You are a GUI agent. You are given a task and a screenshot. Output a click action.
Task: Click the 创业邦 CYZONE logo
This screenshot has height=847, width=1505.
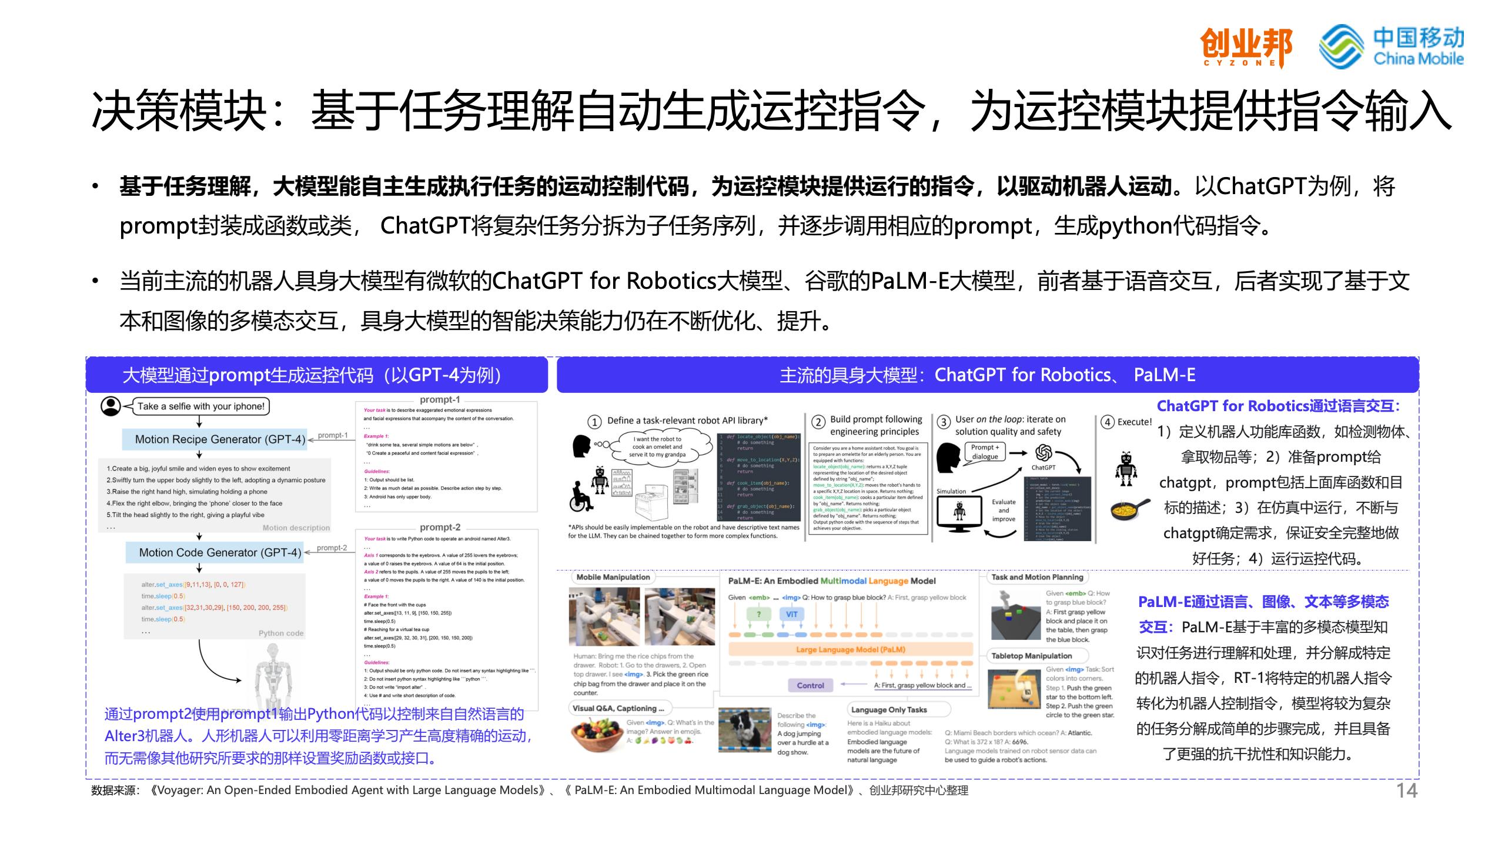tap(1246, 46)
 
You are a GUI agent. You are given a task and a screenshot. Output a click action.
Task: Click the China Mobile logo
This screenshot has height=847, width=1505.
tap(1391, 46)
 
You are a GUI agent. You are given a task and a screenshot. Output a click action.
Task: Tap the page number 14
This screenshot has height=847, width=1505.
tap(1407, 791)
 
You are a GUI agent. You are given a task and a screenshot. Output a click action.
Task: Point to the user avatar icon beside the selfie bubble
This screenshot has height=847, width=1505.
tap(110, 406)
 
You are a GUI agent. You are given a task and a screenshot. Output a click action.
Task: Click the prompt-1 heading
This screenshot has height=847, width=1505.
tap(440, 399)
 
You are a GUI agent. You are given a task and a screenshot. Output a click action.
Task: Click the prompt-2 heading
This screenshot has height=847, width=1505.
tap(440, 527)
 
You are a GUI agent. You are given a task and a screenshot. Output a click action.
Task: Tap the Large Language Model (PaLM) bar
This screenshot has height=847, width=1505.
tap(850, 649)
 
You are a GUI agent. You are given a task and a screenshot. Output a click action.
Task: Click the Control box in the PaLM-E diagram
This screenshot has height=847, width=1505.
tap(810, 685)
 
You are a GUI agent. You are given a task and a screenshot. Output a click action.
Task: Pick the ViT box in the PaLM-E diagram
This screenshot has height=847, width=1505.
tap(791, 614)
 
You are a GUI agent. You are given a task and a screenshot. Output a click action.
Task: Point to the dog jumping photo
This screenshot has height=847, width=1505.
tap(744, 729)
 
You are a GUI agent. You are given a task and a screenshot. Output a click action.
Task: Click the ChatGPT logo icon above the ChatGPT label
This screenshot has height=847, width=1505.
tap(1044, 452)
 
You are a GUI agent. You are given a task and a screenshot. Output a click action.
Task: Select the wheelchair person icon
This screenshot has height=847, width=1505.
tap(580, 498)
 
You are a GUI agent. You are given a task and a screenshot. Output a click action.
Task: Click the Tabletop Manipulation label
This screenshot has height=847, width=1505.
tap(1031, 656)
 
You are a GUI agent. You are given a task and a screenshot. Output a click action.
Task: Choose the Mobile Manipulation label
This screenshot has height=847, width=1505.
tap(613, 577)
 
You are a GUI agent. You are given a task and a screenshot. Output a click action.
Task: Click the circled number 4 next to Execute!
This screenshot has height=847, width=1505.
tap(1108, 422)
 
